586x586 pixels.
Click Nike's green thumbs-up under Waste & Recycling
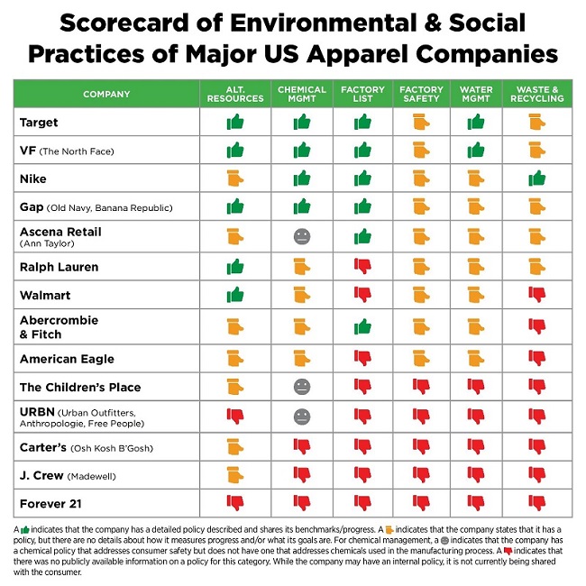[x=537, y=178]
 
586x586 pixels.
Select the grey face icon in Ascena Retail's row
[x=302, y=236]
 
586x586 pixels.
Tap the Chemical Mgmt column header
[x=302, y=94]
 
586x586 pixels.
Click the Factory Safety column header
[x=420, y=94]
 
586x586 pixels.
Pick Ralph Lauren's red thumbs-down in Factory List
[x=362, y=266]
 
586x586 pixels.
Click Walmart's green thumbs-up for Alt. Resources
[x=235, y=294]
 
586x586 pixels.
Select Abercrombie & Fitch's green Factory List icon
[x=362, y=325]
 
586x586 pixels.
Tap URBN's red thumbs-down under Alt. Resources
[x=235, y=416]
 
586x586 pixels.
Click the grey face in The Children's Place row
[x=302, y=387]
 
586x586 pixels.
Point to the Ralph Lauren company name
[x=59, y=267]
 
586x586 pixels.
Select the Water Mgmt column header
[x=476, y=94]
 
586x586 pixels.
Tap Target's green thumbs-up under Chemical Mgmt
[x=302, y=121]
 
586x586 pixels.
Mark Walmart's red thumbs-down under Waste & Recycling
[x=537, y=294]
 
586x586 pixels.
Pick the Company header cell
[x=106, y=94]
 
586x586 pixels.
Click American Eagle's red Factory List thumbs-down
[x=362, y=358]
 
